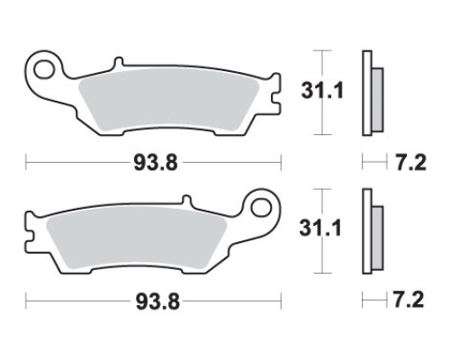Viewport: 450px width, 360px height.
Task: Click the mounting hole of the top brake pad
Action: click(44, 70)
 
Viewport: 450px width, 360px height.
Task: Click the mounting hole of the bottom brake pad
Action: click(261, 208)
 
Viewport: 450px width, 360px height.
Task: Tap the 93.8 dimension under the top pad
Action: click(156, 163)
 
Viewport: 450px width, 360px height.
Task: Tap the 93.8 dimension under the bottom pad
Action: click(157, 301)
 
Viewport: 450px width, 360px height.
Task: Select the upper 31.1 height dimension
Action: click(322, 91)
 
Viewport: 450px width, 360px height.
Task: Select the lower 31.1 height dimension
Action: click(320, 228)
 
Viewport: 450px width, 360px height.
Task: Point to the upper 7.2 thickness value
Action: click(410, 163)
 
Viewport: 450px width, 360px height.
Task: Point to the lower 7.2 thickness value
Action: click(409, 300)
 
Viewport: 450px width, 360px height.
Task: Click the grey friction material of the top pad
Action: click(168, 99)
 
